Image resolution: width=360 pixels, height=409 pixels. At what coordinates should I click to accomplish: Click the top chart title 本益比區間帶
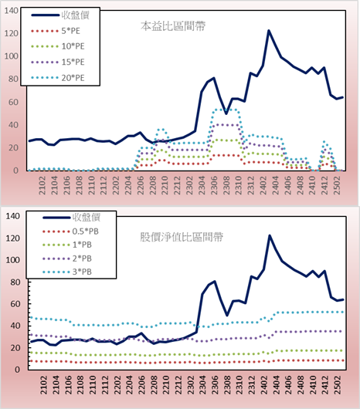point(173,26)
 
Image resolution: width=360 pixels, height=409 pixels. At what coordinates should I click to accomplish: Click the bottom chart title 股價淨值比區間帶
point(182,237)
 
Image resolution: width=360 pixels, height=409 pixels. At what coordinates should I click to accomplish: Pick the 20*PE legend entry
point(58,78)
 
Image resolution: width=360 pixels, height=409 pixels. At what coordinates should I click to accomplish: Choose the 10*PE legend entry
point(58,46)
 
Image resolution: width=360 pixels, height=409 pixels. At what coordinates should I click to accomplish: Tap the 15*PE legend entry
point(58,62)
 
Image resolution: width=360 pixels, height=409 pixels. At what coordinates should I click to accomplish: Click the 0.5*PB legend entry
point(70,232)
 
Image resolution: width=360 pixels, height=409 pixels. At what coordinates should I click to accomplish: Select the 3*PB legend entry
point(67,272)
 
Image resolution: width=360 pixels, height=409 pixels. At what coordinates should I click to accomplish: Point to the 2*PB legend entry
point(67,259)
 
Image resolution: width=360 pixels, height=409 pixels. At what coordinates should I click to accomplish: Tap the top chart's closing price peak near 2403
point(269,31)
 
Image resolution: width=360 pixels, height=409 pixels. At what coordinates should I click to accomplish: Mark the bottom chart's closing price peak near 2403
point(270,235)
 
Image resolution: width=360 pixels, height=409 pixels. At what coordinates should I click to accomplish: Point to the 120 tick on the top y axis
point(12,33)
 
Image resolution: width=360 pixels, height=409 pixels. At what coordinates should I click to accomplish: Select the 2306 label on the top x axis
point(214,185)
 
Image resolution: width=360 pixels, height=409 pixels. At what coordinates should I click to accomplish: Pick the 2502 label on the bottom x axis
point(338,385)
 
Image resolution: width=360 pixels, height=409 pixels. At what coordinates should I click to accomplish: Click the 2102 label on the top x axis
point(42,185)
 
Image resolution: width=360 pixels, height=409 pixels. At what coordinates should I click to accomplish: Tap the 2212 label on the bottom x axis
point(178,385)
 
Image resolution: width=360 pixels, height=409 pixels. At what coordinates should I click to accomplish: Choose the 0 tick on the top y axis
point(16,171)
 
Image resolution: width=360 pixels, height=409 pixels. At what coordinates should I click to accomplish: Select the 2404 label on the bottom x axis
point(277,385)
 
